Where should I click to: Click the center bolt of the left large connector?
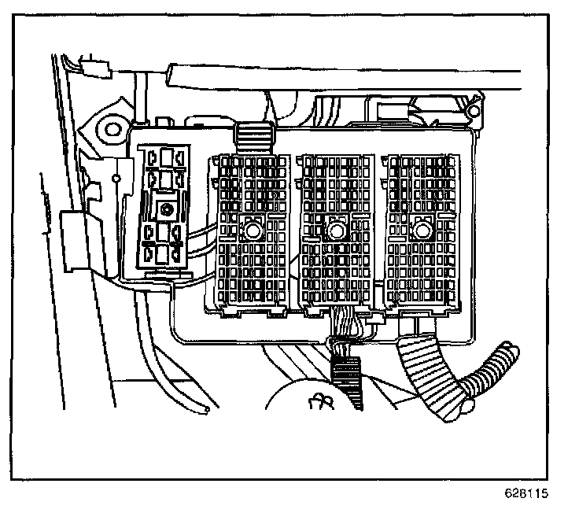tap(253, 231)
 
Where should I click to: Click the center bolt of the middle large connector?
tap(337, 231)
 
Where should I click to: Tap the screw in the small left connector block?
tap(166, 210)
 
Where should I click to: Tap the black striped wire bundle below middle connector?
tap(348, 378)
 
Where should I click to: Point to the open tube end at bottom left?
tap(205, 409)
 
